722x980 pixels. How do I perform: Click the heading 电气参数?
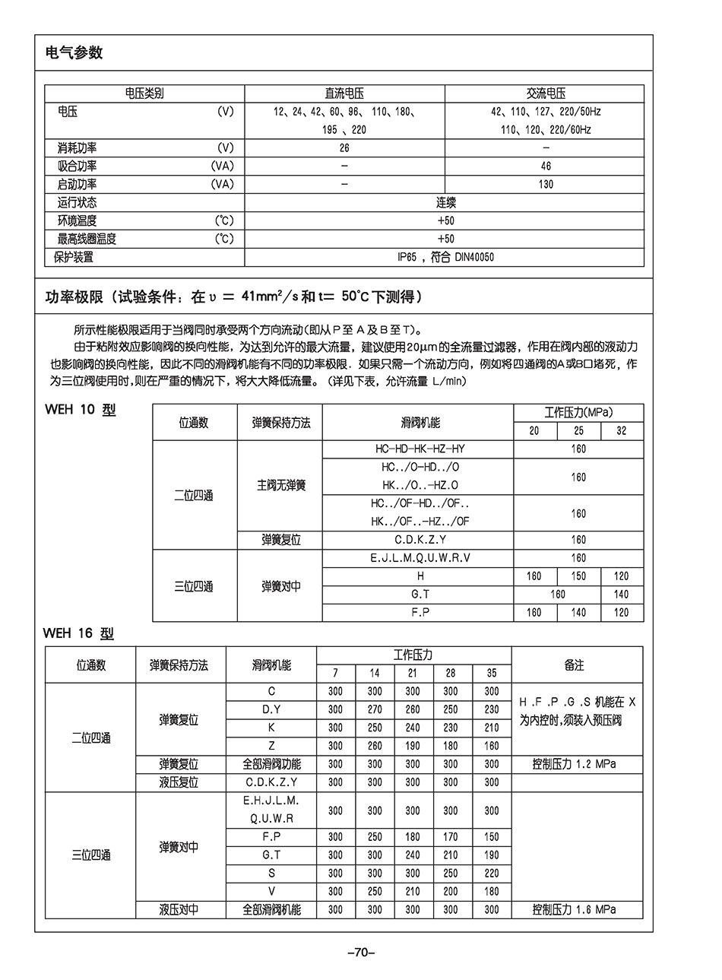click(x=74, y=52)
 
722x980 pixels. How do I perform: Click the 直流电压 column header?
click(x=344, y=94)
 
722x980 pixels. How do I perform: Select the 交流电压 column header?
click(x=546, y=94)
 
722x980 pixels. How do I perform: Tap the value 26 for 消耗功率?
click(x=344, y=147)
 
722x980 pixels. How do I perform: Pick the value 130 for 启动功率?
click(x=546, y=184)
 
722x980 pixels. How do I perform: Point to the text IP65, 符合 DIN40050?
click(x=445, y=257)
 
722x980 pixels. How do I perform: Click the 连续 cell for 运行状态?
click(x=445, y=202)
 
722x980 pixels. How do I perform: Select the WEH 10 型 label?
click(x=81, y=410)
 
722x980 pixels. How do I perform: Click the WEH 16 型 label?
click(x=78, y=633)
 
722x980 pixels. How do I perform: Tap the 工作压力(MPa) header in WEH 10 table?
click(x=578, y=412)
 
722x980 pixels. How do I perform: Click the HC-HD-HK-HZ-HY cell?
click(x=420, y=449)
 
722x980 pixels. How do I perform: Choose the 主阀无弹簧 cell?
click(x=281, y=485)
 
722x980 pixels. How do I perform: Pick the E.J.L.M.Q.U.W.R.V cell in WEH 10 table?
click(x=420, y=557)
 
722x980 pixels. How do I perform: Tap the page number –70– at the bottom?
click(x=361, y=952)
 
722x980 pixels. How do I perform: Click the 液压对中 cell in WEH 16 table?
click(x=179, y=909)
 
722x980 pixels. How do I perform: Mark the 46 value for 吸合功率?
click(x=546, y=166)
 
